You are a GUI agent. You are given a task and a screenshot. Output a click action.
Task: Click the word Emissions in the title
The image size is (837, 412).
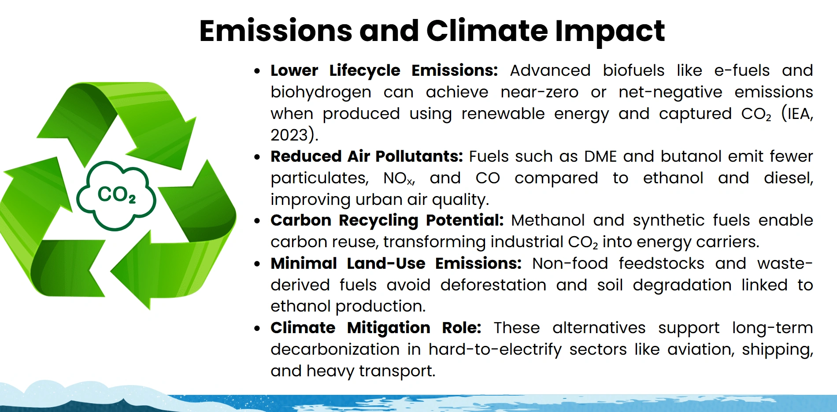pos(275,31)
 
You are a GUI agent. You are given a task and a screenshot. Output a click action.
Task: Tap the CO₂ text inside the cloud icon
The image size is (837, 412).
pos(116,194)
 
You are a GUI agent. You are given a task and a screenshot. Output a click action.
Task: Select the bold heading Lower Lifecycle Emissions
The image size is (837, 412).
pos(384,71)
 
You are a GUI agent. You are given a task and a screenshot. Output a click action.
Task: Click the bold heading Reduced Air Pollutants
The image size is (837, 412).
pos(367,156)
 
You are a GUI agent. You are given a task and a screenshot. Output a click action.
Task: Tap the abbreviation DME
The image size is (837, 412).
pos(600,156)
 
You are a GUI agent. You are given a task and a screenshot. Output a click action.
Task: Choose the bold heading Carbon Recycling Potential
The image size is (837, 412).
pos(387,220)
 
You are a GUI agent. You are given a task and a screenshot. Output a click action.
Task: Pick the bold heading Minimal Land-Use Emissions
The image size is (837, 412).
pos(396,264)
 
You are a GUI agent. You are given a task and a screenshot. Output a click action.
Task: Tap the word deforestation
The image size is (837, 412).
pos(493,285)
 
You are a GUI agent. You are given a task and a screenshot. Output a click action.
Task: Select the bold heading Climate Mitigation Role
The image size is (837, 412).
pos(375,328)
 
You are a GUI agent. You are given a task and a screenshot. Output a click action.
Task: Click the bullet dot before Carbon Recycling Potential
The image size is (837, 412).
pos(257,221)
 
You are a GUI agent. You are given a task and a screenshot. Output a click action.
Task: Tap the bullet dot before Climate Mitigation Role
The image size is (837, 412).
pos(257,328)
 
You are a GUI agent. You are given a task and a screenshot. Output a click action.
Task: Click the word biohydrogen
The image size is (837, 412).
pos(321,92)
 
